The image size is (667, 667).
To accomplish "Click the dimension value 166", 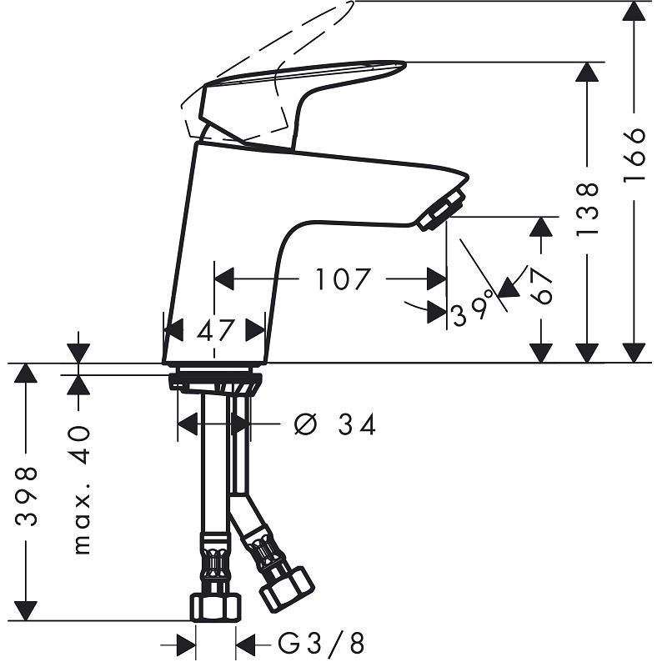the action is (x=634, y=154).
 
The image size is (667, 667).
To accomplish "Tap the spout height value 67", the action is (x=541, y=285).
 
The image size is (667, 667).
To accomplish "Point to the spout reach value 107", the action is (x=343, y=279).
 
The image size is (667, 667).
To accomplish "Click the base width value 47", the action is (x=215, y=330).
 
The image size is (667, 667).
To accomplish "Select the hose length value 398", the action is (x=26, y=496).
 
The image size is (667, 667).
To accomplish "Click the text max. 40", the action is (x=81, y=489).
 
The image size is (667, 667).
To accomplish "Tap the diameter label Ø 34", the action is (x=335, y=424).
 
